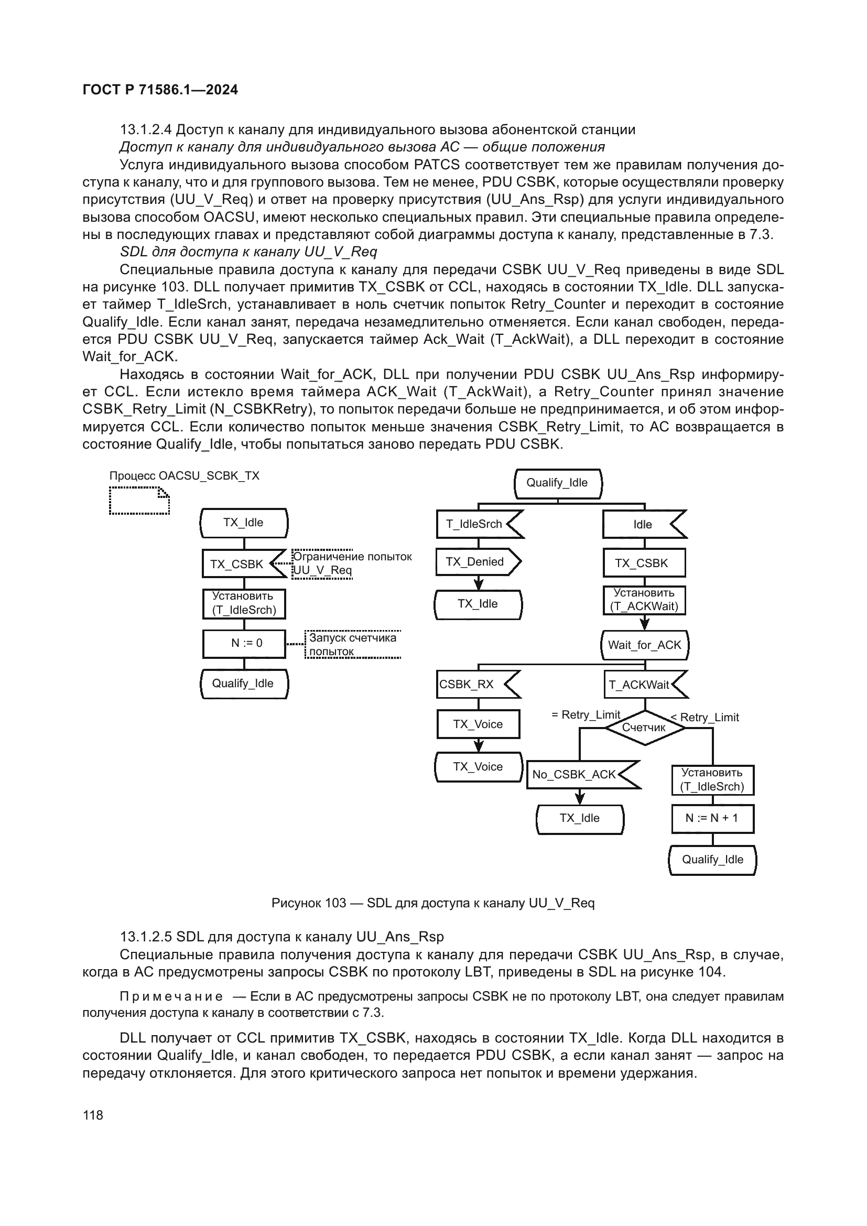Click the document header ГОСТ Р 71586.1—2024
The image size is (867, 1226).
point(160,90)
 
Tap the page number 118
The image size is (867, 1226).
point(93,1115)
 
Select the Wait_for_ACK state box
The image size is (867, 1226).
point(644,645)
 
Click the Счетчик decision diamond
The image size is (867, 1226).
point(644,728)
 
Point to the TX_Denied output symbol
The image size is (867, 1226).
point(476,562)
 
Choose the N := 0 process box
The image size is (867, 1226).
point(244,644)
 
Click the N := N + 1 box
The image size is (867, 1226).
point(712,819)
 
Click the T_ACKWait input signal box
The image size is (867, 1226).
point(641,685)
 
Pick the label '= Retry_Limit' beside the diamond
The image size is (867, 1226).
point(586,715)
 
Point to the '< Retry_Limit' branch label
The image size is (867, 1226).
point(705,718)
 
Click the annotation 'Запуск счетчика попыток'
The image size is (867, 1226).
point(352,645)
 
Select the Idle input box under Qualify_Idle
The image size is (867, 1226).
point(642,524)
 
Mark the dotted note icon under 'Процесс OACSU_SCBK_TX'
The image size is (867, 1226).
point(139,501)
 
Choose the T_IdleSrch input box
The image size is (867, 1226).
point(474,524)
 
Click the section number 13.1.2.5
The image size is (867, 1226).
point(146,937)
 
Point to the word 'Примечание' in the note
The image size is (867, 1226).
point(171,996)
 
